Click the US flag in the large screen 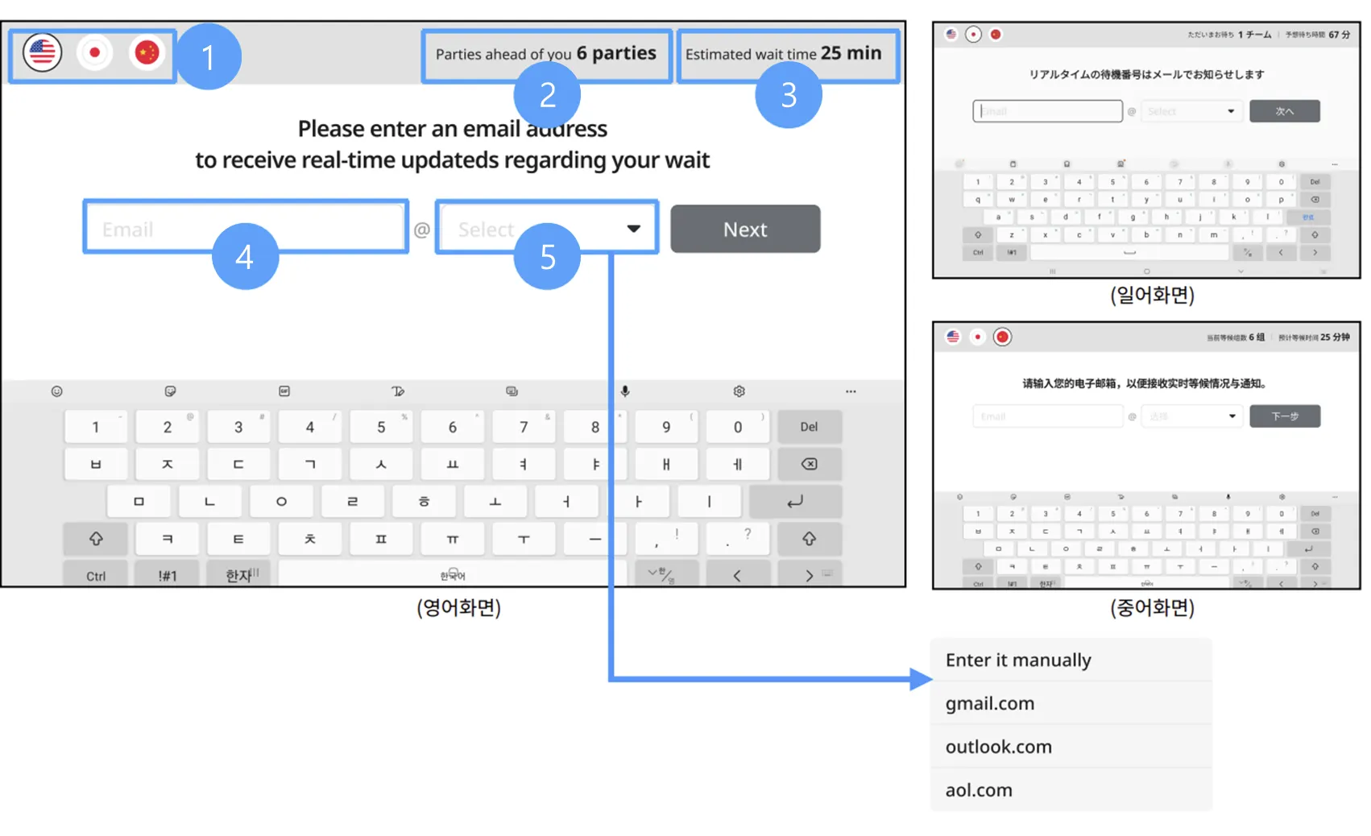[x=42, y=53]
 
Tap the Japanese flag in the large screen [x=94, y=53]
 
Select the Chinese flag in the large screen [x=147, y=53]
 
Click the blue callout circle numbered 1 [x=208, y=56]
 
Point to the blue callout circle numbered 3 [x=788, y=95]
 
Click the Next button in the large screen [x=745, y=230]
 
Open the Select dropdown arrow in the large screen [x=634, y=229]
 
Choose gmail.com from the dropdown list [x=990, y=703]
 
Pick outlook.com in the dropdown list [x=999, y=747]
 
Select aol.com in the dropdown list [x=979, y=790]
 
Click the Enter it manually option [x=1018, y=660]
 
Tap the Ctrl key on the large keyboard [x=96, y=575]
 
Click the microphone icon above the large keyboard [x=625, y=391]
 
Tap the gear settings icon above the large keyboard [x=739, y=391]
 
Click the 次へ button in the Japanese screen [x=1284, y=111]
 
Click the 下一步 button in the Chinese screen [x=1284, y=416]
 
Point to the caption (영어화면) [x=458, y=607]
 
